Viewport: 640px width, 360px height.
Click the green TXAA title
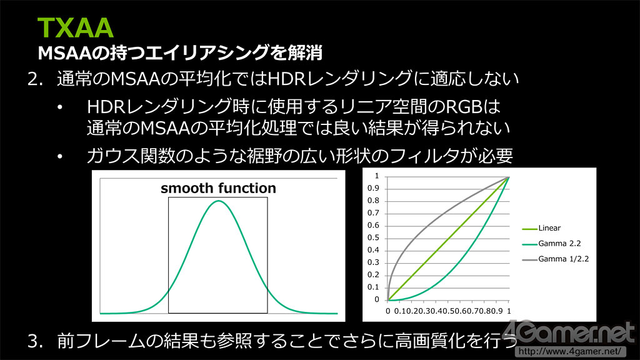coord(75,27)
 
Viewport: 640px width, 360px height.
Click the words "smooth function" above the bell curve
coord(218,188)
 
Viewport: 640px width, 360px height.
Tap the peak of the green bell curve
coord(218,201)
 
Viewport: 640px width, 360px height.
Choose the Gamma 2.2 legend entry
coord(551,244)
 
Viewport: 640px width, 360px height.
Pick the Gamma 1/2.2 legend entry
coord(556,259)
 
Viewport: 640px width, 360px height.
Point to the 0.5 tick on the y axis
coord(373,237)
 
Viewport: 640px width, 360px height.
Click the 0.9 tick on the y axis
coord(373,188)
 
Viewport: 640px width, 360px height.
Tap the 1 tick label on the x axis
coord(509,311)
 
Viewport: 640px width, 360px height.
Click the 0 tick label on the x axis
coord(387,311)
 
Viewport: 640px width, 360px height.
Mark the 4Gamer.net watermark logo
coord(568,332)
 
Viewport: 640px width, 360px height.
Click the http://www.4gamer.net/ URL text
coord(570,351)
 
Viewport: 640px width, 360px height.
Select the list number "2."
coord(36,79)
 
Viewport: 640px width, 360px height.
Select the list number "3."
coord(36,341)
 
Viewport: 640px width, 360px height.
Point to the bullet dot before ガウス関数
coord(61,156)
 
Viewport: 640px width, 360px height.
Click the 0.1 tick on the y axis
coord(373,287)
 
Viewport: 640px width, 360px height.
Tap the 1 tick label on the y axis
coord(377,176)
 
